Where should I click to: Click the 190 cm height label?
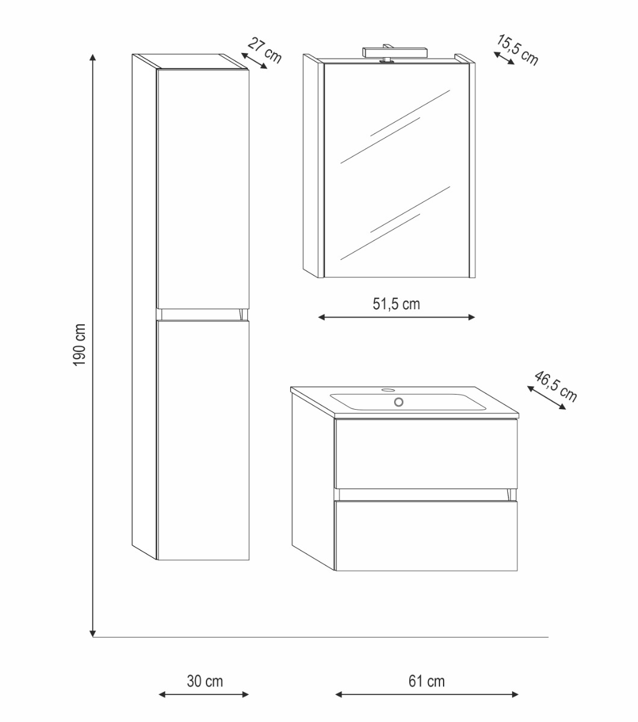click(x=79, y=345)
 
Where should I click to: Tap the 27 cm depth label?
click(x=265, y=51)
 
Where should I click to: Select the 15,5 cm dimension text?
click(x=517, y=50)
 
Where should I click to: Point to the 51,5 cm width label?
click(x=396, y=304)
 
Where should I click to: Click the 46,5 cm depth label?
click(x=556, y=386)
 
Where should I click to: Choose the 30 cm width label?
click(x=205, y=681)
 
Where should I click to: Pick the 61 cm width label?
click(x=427, y=681)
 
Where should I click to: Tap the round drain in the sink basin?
click(x=398, y=402)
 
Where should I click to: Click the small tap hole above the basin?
click(x=387, y=390)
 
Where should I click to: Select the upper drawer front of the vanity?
click(x=426, y=454)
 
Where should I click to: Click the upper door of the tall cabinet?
click(x=203, y=189)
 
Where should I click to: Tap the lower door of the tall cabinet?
click(x=203, y=440)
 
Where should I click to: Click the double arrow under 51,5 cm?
click(x=396, y=317)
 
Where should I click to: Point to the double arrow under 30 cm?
click(x=203, y=694)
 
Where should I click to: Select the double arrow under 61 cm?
click(x=427, y=694)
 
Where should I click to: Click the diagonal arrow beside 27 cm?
click(x=254, y=61)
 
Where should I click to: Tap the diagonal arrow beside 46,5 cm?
click(x=547, y=398)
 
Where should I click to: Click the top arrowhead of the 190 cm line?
click(x=93, y=57)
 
